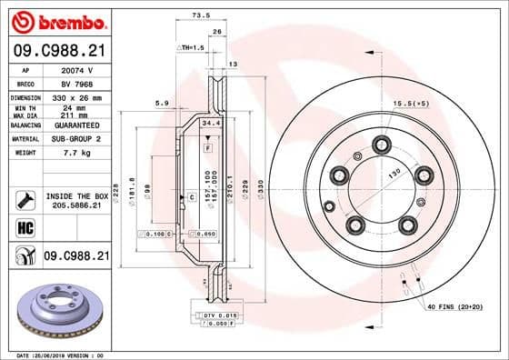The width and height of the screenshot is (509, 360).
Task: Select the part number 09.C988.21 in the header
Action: tap(55, 52)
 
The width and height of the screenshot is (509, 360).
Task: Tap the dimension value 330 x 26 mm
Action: tap(79, 96)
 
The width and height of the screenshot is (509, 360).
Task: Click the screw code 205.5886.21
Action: tap(79, 207)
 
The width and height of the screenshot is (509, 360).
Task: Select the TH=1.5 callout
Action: tap(191, 46)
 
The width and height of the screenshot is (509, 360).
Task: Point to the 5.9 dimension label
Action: tap(161, 103)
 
